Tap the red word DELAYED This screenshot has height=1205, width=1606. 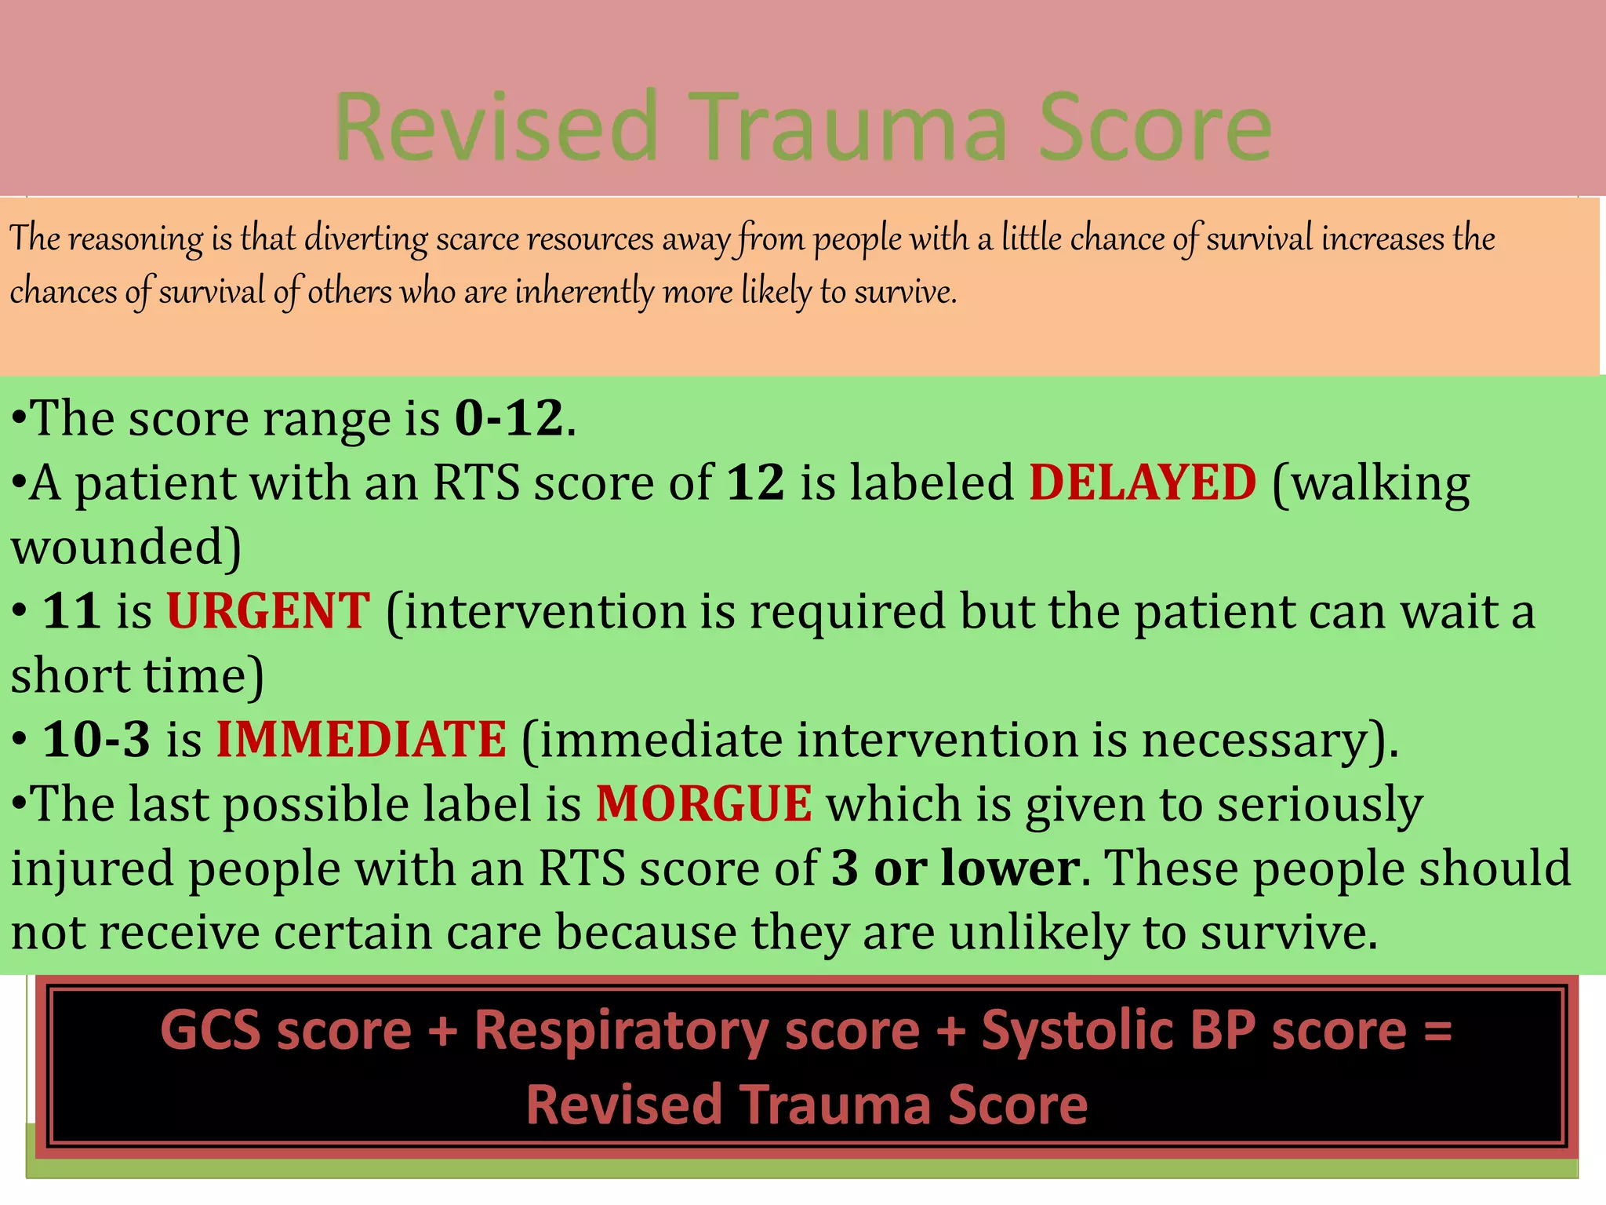pos(1143,482)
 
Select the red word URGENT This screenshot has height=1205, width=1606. pos(268,611)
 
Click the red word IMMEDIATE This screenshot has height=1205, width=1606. pos(362,740)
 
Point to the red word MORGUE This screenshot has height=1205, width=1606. pos(703,805)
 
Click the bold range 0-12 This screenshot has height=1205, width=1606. pos(509,418)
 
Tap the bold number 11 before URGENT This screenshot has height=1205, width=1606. pos(71,611)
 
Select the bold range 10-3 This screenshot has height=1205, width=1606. pos(96,740)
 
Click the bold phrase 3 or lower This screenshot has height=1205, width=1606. pos(955,868)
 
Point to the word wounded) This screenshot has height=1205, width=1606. pos(125,548)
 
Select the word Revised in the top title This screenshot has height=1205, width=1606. pos(496,127)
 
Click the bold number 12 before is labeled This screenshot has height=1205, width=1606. pos(755,482)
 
